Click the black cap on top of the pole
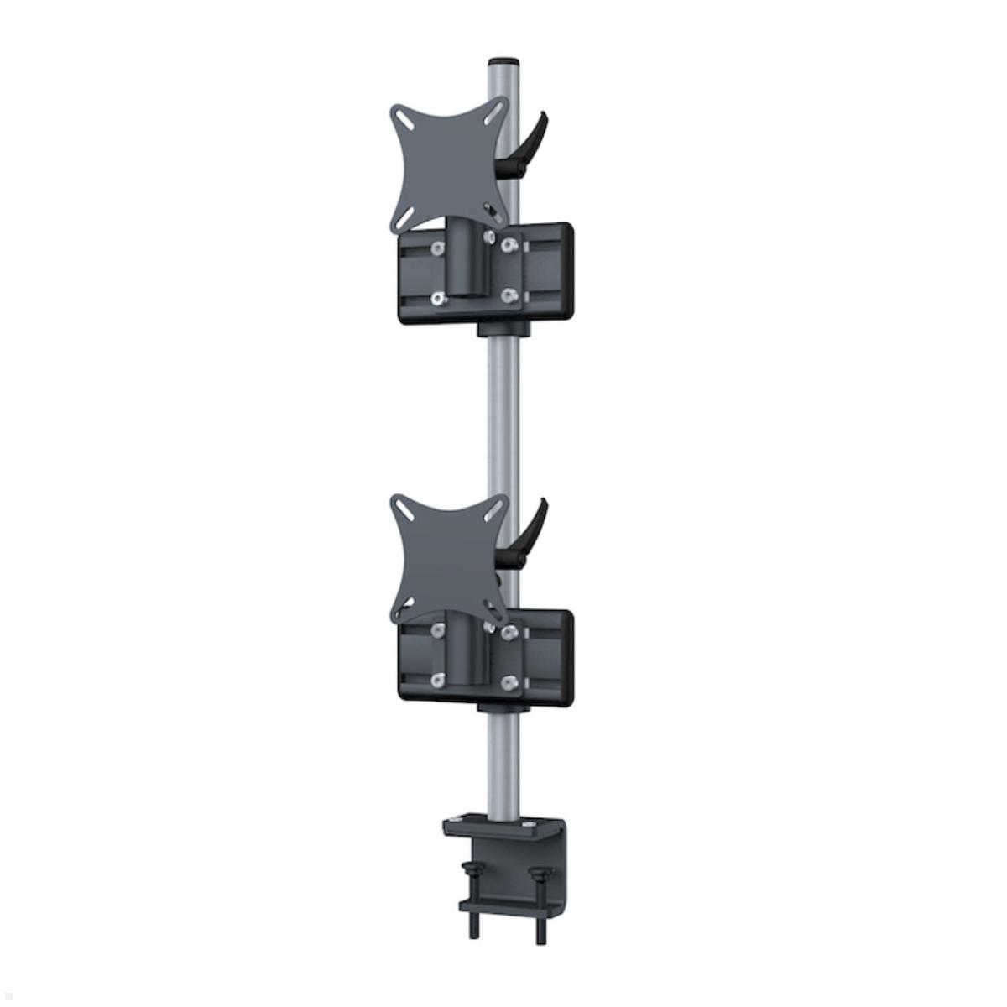503,62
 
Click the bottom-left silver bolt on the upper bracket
437,298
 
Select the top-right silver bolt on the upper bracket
507,245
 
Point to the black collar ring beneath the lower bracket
503,710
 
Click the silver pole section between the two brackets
503,420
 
